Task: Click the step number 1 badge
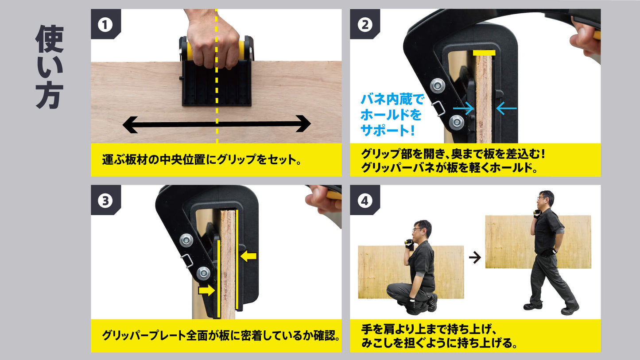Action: pos(105,25)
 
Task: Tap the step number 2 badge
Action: pos(365,25)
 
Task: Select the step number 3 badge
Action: pos(105,201)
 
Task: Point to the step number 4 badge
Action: pos(365,201)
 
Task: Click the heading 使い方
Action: pos(49,67)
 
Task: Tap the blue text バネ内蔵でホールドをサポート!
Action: pos(392,115)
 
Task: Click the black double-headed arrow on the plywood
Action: pos(217,124)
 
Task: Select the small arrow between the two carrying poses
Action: pos(475,257)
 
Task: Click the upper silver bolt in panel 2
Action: pos(438,85)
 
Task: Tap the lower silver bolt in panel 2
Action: pos(456,122)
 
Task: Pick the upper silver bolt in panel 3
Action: pos(186,240)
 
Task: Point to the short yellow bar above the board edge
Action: pos(484,53)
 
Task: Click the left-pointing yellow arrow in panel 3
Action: pos(248,256)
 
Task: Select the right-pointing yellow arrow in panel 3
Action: pos(206,290)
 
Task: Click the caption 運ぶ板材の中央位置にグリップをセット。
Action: pos(202,160)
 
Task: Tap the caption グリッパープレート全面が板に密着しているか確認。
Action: pos(221,336)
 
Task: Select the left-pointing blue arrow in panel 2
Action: pos(506,108)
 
